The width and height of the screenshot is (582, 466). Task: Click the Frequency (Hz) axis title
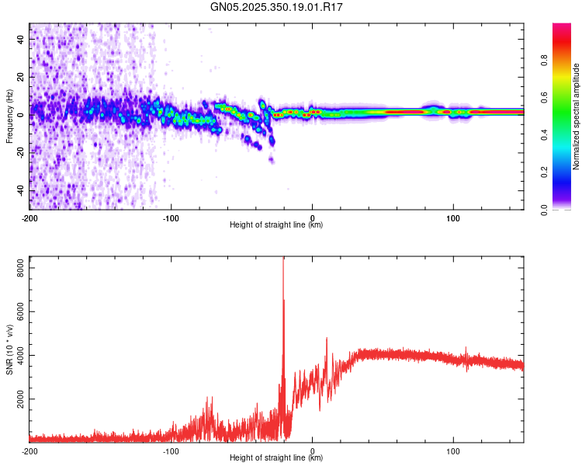pyautogui.click(x=9, y=116)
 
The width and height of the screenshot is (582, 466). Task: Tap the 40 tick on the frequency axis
pyautogui.click(x=21, y=39)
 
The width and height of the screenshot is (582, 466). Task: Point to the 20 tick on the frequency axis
pyautogui.click(x=21, y=77)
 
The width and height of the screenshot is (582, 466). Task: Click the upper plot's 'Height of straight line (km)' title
pyautogui.click(x=276, y=225)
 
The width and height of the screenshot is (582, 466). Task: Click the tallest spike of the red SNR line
pyautogui.click(x=283, y=259)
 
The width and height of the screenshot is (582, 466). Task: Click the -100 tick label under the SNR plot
pyautogui.click(x=171, y=450)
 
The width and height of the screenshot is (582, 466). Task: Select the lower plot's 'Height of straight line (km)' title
pyautogui.click(x=276, y=458)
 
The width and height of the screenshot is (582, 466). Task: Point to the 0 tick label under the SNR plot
pyautogui.click(x=313, y=450)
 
